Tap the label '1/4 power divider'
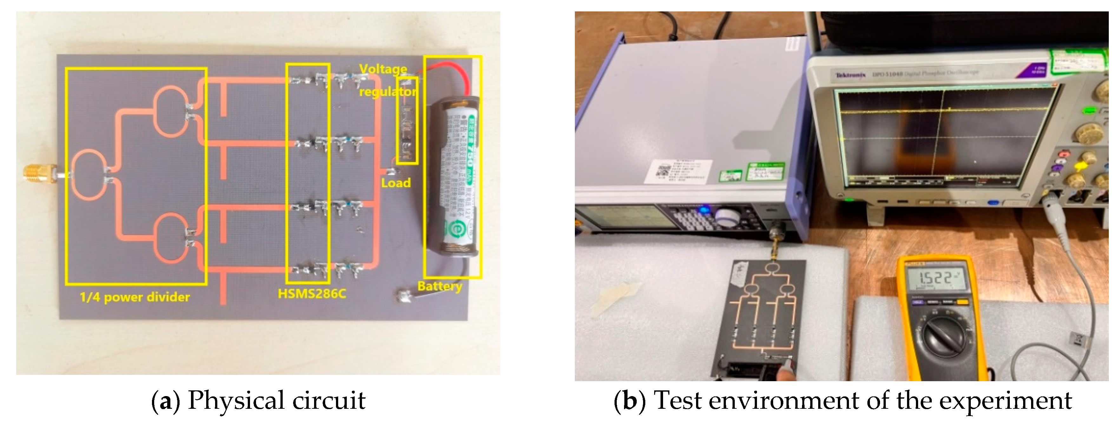(x=135, y=297)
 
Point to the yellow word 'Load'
(x=395, y=183)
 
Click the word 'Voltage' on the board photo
(x=383, y=69)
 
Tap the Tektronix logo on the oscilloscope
(x=850, y=75)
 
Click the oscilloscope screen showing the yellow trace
(x=946, y=139)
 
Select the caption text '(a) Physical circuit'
(x=259, y=401)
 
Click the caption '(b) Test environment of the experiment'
(x=842, y=401)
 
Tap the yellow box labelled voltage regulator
(x=407, y=121)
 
